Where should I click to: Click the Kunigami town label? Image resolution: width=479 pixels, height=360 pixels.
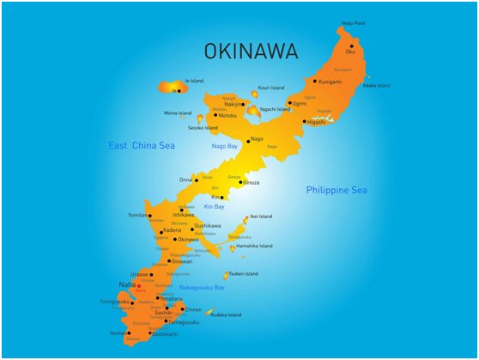330,82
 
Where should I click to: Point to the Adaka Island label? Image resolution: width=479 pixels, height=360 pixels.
376,85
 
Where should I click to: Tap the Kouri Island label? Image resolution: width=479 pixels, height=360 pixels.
270,87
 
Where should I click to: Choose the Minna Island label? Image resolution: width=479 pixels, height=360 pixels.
178,113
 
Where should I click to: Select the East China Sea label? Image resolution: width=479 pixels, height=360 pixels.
142,146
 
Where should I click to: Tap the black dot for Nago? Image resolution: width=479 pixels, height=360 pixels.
249,140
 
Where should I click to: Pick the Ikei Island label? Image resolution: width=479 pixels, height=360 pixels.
260,217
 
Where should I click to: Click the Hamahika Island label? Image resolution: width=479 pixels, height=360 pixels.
253,246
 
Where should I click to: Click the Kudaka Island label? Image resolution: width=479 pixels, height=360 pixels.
226,314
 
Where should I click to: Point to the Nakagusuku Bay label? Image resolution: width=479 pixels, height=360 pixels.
202,287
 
